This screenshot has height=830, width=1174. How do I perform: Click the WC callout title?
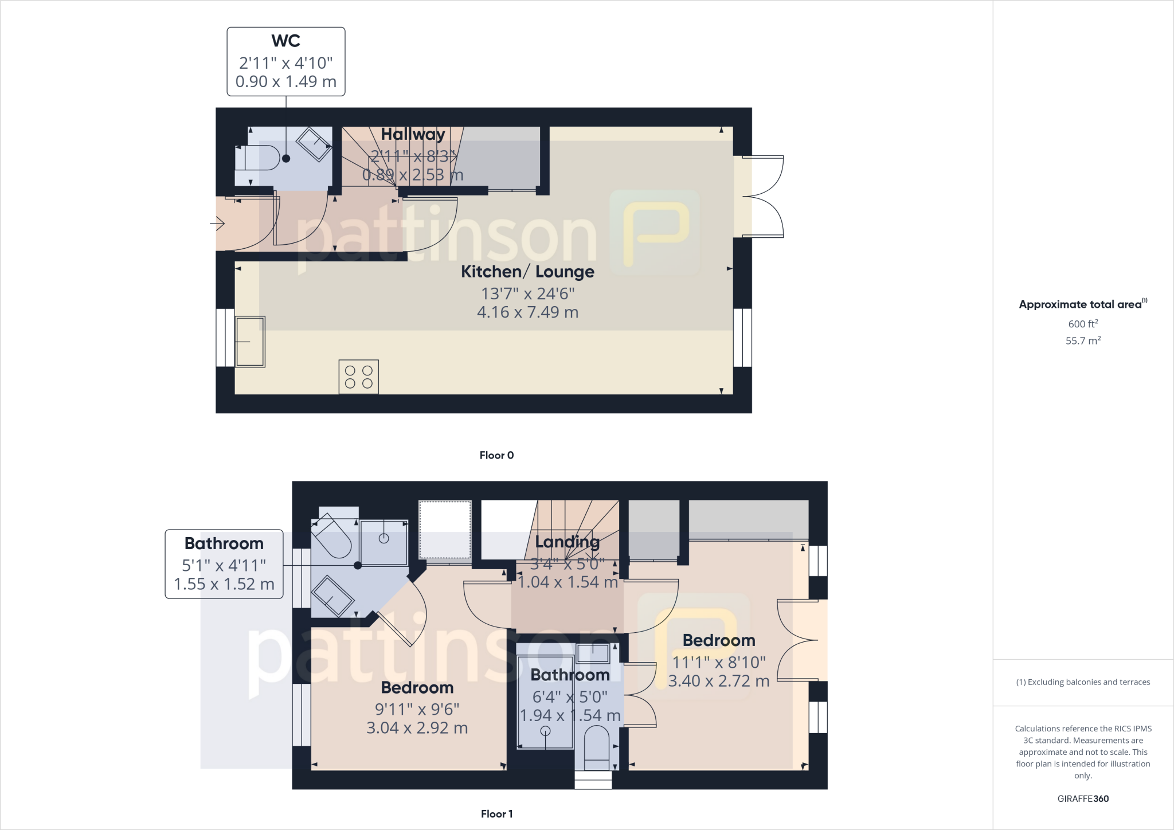coord(285,41)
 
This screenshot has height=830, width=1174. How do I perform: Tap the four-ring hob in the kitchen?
coord(359,377)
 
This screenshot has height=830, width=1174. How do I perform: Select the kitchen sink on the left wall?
coord(251,342)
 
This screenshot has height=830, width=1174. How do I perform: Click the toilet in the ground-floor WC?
coord(257,158)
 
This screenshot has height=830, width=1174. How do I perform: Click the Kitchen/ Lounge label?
coord(527,272)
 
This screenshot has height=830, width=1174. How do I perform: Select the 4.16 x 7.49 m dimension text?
coord(527,312)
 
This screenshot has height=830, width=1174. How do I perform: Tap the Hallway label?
coord(413,134)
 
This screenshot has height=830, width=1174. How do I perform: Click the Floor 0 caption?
coord(496,455)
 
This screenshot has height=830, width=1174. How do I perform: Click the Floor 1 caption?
coord(496,814)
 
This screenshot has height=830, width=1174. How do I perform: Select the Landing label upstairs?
coord(567,542)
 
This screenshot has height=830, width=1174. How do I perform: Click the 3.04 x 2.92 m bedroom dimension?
coord(417,728)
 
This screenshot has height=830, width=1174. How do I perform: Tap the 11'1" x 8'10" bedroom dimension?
coord(719,663)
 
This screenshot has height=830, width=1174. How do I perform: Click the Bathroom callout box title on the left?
coord(224,543)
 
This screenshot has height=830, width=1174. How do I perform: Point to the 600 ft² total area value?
coord(1083,324)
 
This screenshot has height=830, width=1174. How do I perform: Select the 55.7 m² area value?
coord(1083,340)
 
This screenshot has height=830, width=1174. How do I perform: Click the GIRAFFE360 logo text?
coord(1083,798)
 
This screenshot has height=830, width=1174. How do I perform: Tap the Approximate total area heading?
coord(1081,304)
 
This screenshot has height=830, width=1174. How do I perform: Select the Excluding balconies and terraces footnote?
coord(1083,682)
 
